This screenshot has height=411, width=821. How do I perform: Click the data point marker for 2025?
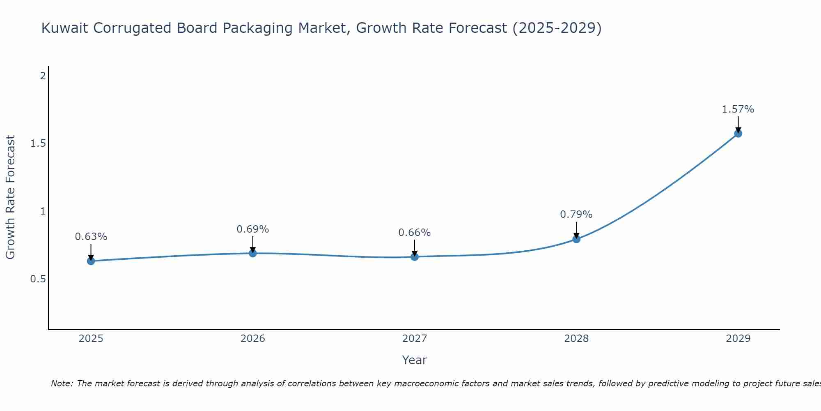pyautogui.click(x=91, y=261)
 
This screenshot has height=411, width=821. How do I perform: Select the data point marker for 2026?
pyautogui.click(x=253, y=253)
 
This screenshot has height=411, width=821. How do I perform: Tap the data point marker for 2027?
pyautogui.click(x=415, y=257)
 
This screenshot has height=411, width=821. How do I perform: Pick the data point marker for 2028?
pyautogui.click(x=576, y=239)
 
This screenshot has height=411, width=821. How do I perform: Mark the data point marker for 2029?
pyautogui.click(x=738, y=133)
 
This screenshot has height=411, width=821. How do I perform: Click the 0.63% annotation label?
pyautogui.click(x=91, y=237)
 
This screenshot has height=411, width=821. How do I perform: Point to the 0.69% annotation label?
pyautogui.click(x=253, y=229)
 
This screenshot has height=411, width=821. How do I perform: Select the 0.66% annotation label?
pyautogui.click(x=415, y=233)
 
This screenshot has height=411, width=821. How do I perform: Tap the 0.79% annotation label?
pyautogui.click(x=576, y=215)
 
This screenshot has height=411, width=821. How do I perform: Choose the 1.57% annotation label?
pyautogui.click(x=738, y=109)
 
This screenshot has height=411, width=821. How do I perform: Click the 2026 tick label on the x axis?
pyautogui.click(x=253, y=339)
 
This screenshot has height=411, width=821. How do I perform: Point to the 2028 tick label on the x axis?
pyautogui.click(x=576, y=339)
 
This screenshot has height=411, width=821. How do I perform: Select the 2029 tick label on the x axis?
pyautogui.click(x=738, y=339)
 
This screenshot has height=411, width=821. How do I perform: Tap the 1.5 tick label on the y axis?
pyautogui.click(x=38, y=143)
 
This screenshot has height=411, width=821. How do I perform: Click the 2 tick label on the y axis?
pyautogui.click(x=42, y=76)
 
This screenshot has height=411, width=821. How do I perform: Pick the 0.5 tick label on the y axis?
pyautogui.click(x=38, y=279)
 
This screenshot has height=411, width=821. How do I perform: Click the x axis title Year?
pyautogui.click(x=415, y=360)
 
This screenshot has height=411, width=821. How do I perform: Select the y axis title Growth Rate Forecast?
pyautogui.click(x=10, y=197)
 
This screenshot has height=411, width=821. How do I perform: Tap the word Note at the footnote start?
pyautogui.click(x=62, y=383)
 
